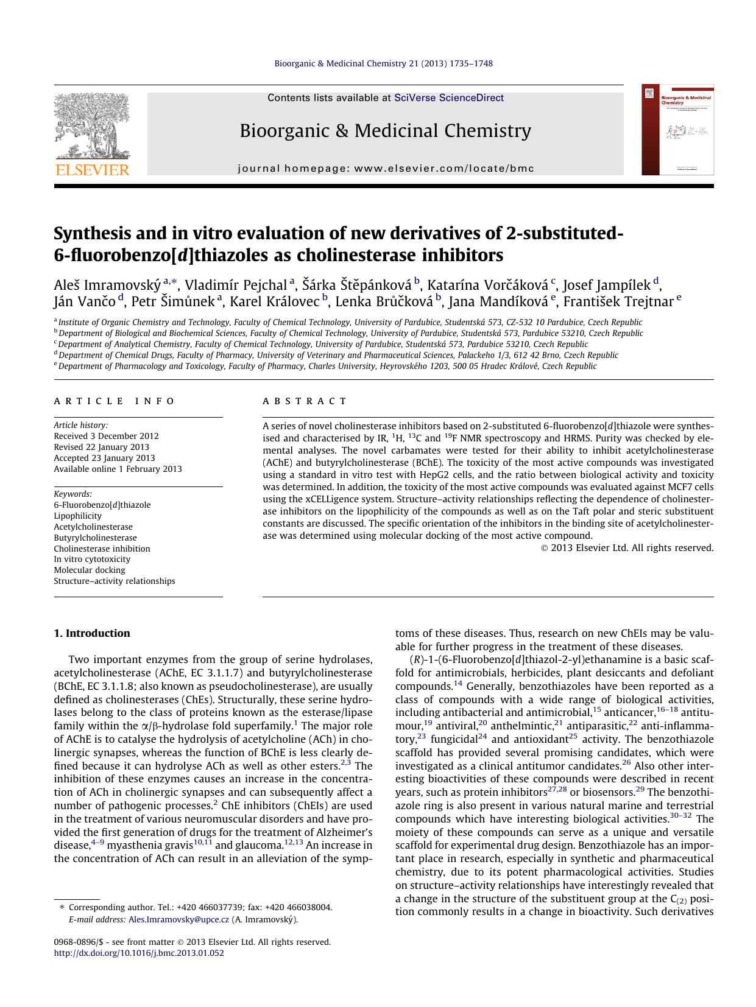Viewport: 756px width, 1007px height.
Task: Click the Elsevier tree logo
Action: click(91, 125)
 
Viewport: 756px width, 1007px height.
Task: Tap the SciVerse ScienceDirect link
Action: click(448, 97)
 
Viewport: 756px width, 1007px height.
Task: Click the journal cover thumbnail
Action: click(677, 130)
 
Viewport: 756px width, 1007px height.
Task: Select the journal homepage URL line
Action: click(386, 169)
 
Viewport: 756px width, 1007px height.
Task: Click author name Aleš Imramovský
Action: click(107, 285)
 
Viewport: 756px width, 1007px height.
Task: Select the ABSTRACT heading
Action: click(305, 401)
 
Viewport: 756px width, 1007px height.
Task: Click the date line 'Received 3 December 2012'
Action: click(106, 436)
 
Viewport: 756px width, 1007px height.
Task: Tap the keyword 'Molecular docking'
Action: click(90, 570)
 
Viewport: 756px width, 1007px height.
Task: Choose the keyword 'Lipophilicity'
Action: click(77, 516)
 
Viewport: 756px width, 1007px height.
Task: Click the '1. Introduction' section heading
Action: click(92, 633)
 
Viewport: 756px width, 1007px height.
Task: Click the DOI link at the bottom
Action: click(139, 953)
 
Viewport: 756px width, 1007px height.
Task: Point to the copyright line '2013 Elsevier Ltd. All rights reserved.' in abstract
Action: click(631, 548)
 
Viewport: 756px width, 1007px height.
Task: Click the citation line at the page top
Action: click(383, 63)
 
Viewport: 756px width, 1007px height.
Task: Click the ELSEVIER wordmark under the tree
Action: click(92, 170)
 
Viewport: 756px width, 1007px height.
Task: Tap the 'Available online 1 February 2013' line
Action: click(118, 469)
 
